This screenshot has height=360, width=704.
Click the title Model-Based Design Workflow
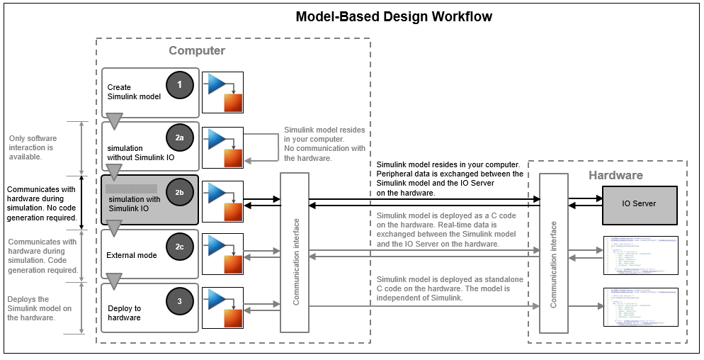393,16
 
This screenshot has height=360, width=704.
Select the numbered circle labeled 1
180,85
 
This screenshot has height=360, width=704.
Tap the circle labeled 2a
180,139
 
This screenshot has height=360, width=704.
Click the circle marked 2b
180,192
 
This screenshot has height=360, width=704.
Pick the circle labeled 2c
180,247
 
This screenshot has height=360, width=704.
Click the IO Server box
639,203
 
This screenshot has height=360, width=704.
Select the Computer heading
197,51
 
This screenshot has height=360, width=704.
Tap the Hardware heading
615,175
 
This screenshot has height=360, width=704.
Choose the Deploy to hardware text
124,313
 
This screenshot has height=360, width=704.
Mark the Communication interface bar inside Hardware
554,253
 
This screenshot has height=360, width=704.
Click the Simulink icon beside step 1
223,92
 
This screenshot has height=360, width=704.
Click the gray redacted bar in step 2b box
131,189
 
